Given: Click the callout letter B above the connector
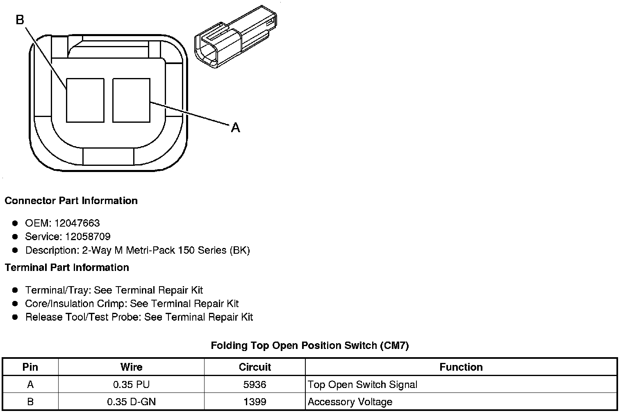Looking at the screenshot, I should [20, 19].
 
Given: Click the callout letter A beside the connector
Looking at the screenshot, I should [235, 128].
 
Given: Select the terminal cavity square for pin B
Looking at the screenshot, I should [85, 100].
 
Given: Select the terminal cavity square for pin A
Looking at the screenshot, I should [131, 100].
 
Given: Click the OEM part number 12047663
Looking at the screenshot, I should [77, 223].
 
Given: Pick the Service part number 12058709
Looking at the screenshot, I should [88, 236].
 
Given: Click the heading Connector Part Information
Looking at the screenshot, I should [71, 201].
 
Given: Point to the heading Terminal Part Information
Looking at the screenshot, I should [67, 268].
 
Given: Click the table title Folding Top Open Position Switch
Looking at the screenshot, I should [309, 346].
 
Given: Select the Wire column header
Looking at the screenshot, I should [131, 367].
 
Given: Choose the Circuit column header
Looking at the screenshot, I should [255, 367].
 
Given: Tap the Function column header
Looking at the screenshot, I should [461, 367].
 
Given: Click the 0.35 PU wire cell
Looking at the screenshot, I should [131, 385].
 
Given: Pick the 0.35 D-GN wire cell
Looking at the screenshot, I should [131, 402].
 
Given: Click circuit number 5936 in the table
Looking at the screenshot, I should [255, 385].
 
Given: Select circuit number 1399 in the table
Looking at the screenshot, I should [255, 402].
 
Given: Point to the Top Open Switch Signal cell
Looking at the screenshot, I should [362, 385].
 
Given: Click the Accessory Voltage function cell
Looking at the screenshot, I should [350, 402].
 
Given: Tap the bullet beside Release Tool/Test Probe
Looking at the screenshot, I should [15, 317].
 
